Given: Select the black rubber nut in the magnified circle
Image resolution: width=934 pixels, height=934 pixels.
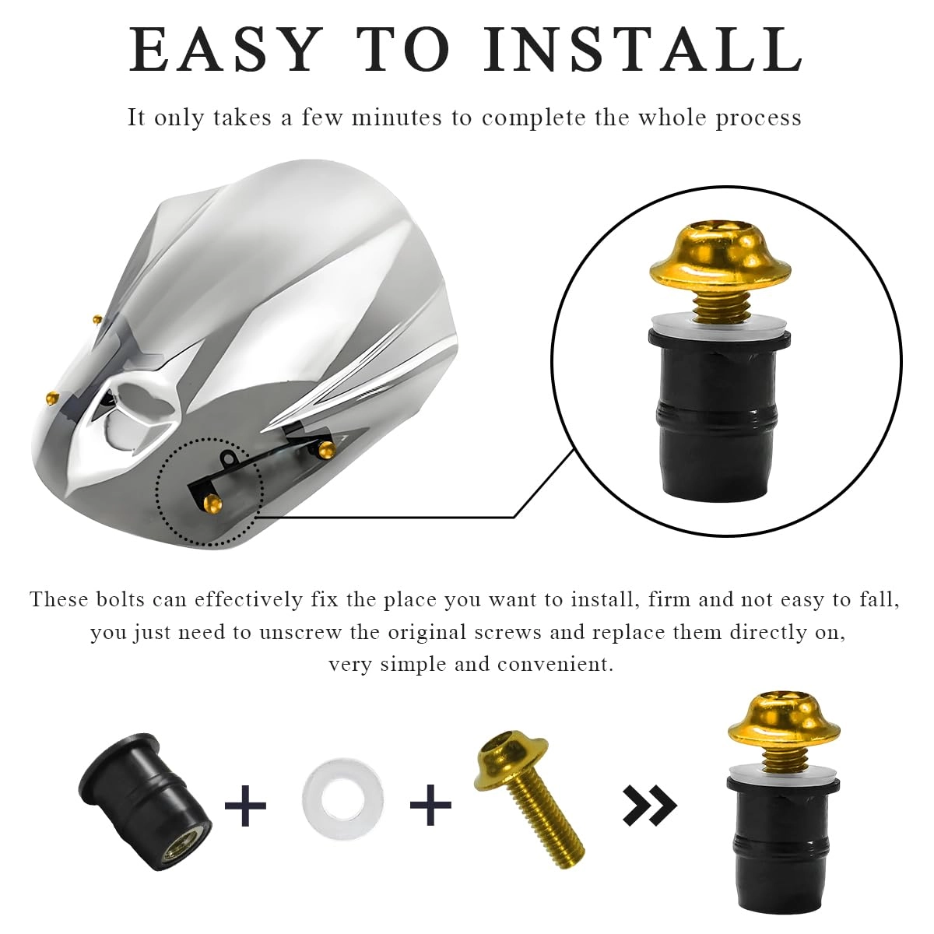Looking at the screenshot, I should (x=718, y=413).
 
